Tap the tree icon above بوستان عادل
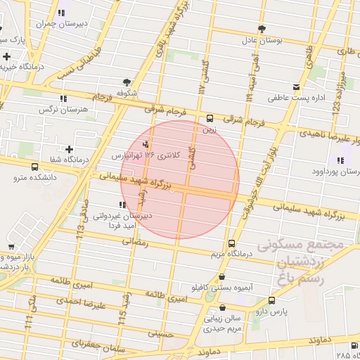(x=262, y=29)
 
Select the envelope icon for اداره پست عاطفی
(x=296, y=87)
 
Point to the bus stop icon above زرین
(x=210, y=117)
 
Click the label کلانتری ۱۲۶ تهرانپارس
(x=148, y=154)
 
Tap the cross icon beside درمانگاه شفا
(x=69, y=149)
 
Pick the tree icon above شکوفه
(x=127, y=82)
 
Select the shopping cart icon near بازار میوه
(x=11, y=246)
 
